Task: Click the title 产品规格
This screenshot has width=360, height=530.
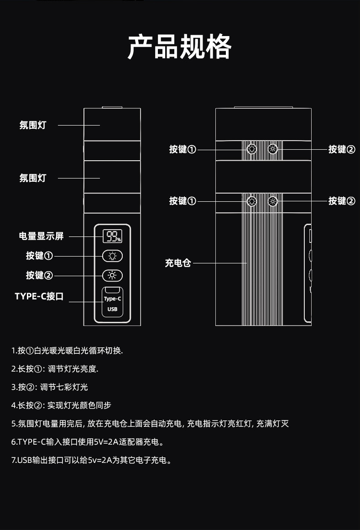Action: coord(179,47)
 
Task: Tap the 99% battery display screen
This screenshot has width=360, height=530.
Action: coord(112,236)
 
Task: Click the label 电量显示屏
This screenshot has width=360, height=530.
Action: coord(41,236)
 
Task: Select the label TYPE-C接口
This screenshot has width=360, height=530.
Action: coord(39,296)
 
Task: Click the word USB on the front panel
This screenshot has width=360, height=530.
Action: coord(112,309)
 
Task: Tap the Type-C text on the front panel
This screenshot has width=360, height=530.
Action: coord(112,299)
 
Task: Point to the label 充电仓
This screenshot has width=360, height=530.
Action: coord(178,263)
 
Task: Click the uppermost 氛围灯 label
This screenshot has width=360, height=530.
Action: coord(33,125)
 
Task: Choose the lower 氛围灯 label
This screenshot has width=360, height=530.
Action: coord(33,178)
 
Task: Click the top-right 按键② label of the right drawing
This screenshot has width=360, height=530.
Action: coord(341,149)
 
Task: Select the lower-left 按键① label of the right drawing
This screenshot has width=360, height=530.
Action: coord(183,201)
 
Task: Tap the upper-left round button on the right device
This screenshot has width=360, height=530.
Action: coord(251,149)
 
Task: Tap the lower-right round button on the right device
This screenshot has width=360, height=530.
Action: coord(272,201)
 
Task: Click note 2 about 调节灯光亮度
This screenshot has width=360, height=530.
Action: coord(55,369)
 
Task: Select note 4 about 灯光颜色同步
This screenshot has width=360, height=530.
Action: coord(61,405)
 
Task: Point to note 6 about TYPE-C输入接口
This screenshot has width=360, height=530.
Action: coord(88,442)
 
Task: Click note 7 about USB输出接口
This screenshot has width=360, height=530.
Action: coord(91,460)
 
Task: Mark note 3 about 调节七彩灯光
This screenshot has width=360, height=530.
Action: coord(50,387)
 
